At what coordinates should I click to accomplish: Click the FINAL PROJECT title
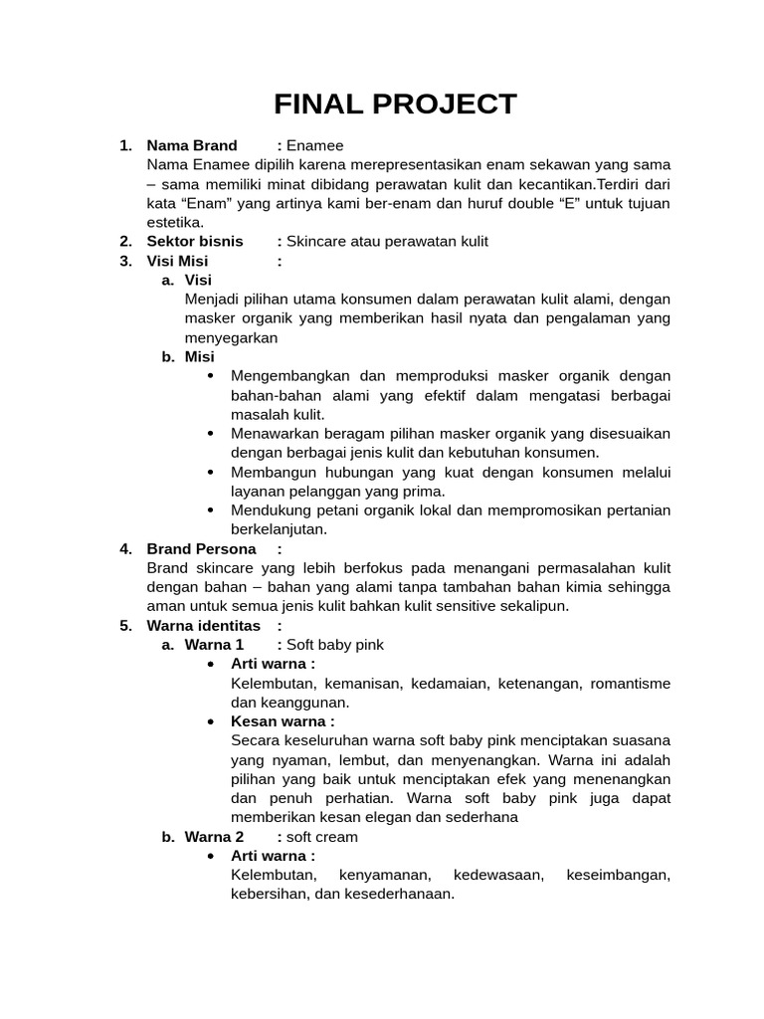pyautogui.click(x=396, y=104)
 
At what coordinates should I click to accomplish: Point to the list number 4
pyautogui.click(x=125, y=548)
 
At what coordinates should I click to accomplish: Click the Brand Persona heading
pyautogui.click(x=201, y=548)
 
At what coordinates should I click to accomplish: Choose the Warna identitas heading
pyautogui.click(x=203, y=625)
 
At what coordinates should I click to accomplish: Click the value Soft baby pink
pyautogui.click(x=335, y=645)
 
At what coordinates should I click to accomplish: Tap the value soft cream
pyautogui.click(x=322, y=837)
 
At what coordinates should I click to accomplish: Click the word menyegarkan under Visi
pyautogui.click(x=231, y=337)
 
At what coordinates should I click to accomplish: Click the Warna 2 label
pyautogui.click(x=214, y=837)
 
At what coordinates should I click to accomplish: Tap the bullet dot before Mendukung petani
pyautogui.click(x=211, y=510)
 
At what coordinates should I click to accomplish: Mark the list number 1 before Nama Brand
pyautogui.click(x=125, y=145)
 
